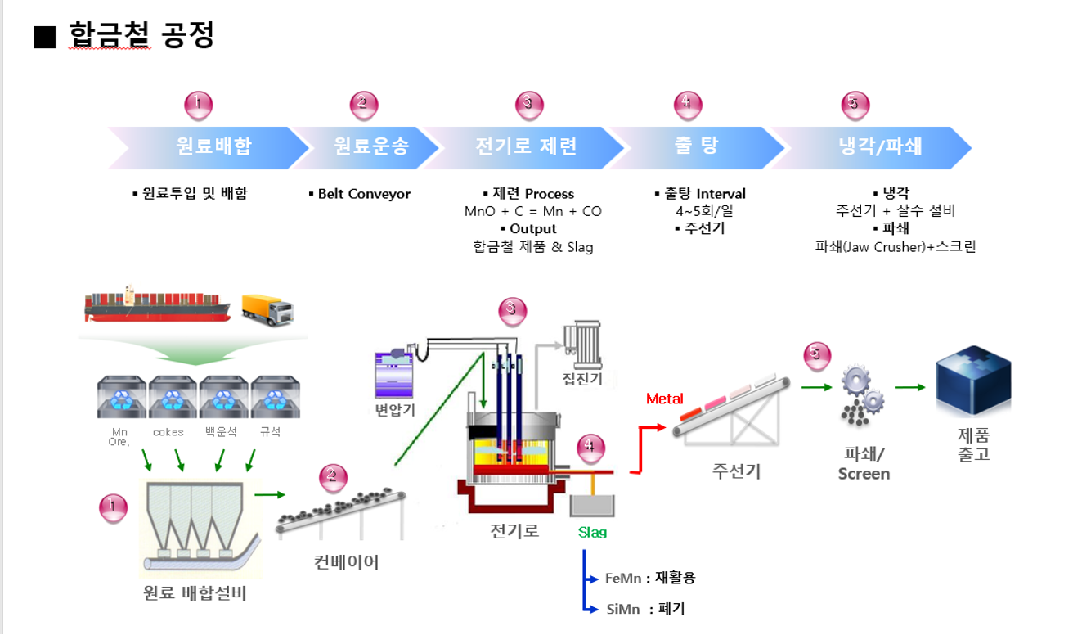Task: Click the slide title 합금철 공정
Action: [141, 36]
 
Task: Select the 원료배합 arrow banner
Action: [213, 146]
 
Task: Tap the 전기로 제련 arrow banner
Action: [526, 146]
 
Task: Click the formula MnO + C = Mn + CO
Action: [532, 211]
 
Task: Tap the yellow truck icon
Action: [267, 309]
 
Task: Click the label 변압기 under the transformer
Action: [395, 409]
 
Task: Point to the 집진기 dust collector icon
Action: [581, 345]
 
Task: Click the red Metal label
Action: [664, 399]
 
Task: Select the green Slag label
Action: [592, 532]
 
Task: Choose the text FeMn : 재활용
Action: [649, 578]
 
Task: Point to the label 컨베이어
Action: [347, 562]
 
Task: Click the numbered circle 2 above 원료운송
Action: [363, 104]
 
